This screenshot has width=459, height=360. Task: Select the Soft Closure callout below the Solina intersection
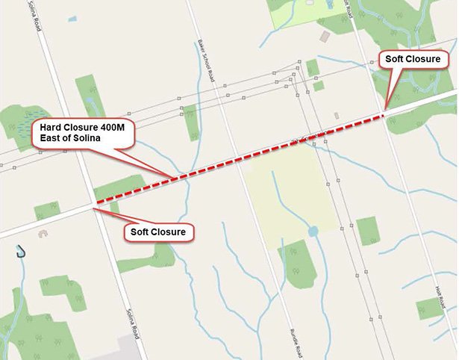157,232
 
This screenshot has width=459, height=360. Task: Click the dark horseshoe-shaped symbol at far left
20,252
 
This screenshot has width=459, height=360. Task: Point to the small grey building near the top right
325,35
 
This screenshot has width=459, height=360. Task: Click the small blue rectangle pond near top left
72,19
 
